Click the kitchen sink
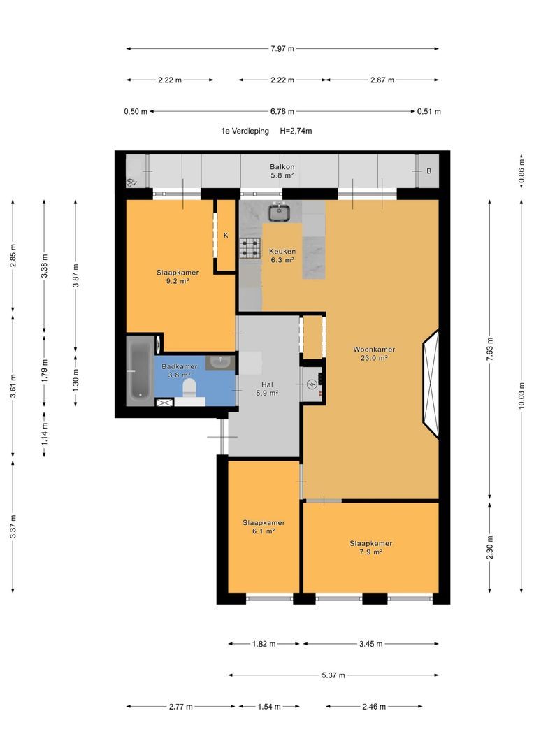278,213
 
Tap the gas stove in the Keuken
250,248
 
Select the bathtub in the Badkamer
140,371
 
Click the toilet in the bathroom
189,389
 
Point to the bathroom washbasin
220,361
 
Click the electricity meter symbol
312,384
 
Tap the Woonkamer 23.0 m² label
374,354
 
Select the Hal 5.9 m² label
267,389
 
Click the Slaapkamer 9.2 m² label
178,276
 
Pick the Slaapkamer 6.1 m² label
264,527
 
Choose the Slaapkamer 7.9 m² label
370,547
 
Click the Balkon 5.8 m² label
282,171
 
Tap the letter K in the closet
226,236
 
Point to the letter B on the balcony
428,171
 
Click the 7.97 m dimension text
282,49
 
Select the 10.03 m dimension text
521,395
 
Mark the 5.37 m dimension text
333,675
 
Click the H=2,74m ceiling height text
296,131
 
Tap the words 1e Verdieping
245,131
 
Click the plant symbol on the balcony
131,182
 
